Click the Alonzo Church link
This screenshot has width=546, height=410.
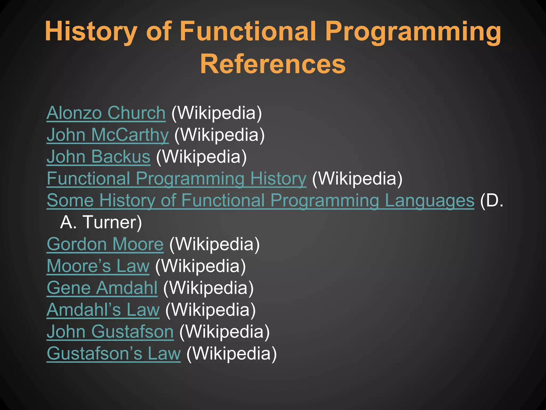pos(106,113)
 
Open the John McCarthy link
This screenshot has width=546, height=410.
pos(107,135)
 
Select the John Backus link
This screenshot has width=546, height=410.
pos(98,157)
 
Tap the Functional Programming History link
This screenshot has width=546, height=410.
pos(176,179)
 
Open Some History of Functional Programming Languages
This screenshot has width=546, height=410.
pos(260,200)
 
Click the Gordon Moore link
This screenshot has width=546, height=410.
pos(105,244)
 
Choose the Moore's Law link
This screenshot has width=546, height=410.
pos(98,266)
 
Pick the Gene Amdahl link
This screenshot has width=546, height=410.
pos(102,288)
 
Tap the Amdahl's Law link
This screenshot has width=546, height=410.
pos(103,310)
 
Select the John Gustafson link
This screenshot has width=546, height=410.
pos(110,332)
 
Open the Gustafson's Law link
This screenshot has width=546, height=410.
pos(114,354)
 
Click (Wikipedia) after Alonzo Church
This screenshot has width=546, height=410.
pos(216,113)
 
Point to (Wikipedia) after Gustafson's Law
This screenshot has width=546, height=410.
pos(231,354)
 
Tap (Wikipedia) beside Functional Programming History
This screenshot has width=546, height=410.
pos(357,179)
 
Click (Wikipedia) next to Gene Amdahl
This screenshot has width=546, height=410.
pos(208,288)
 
